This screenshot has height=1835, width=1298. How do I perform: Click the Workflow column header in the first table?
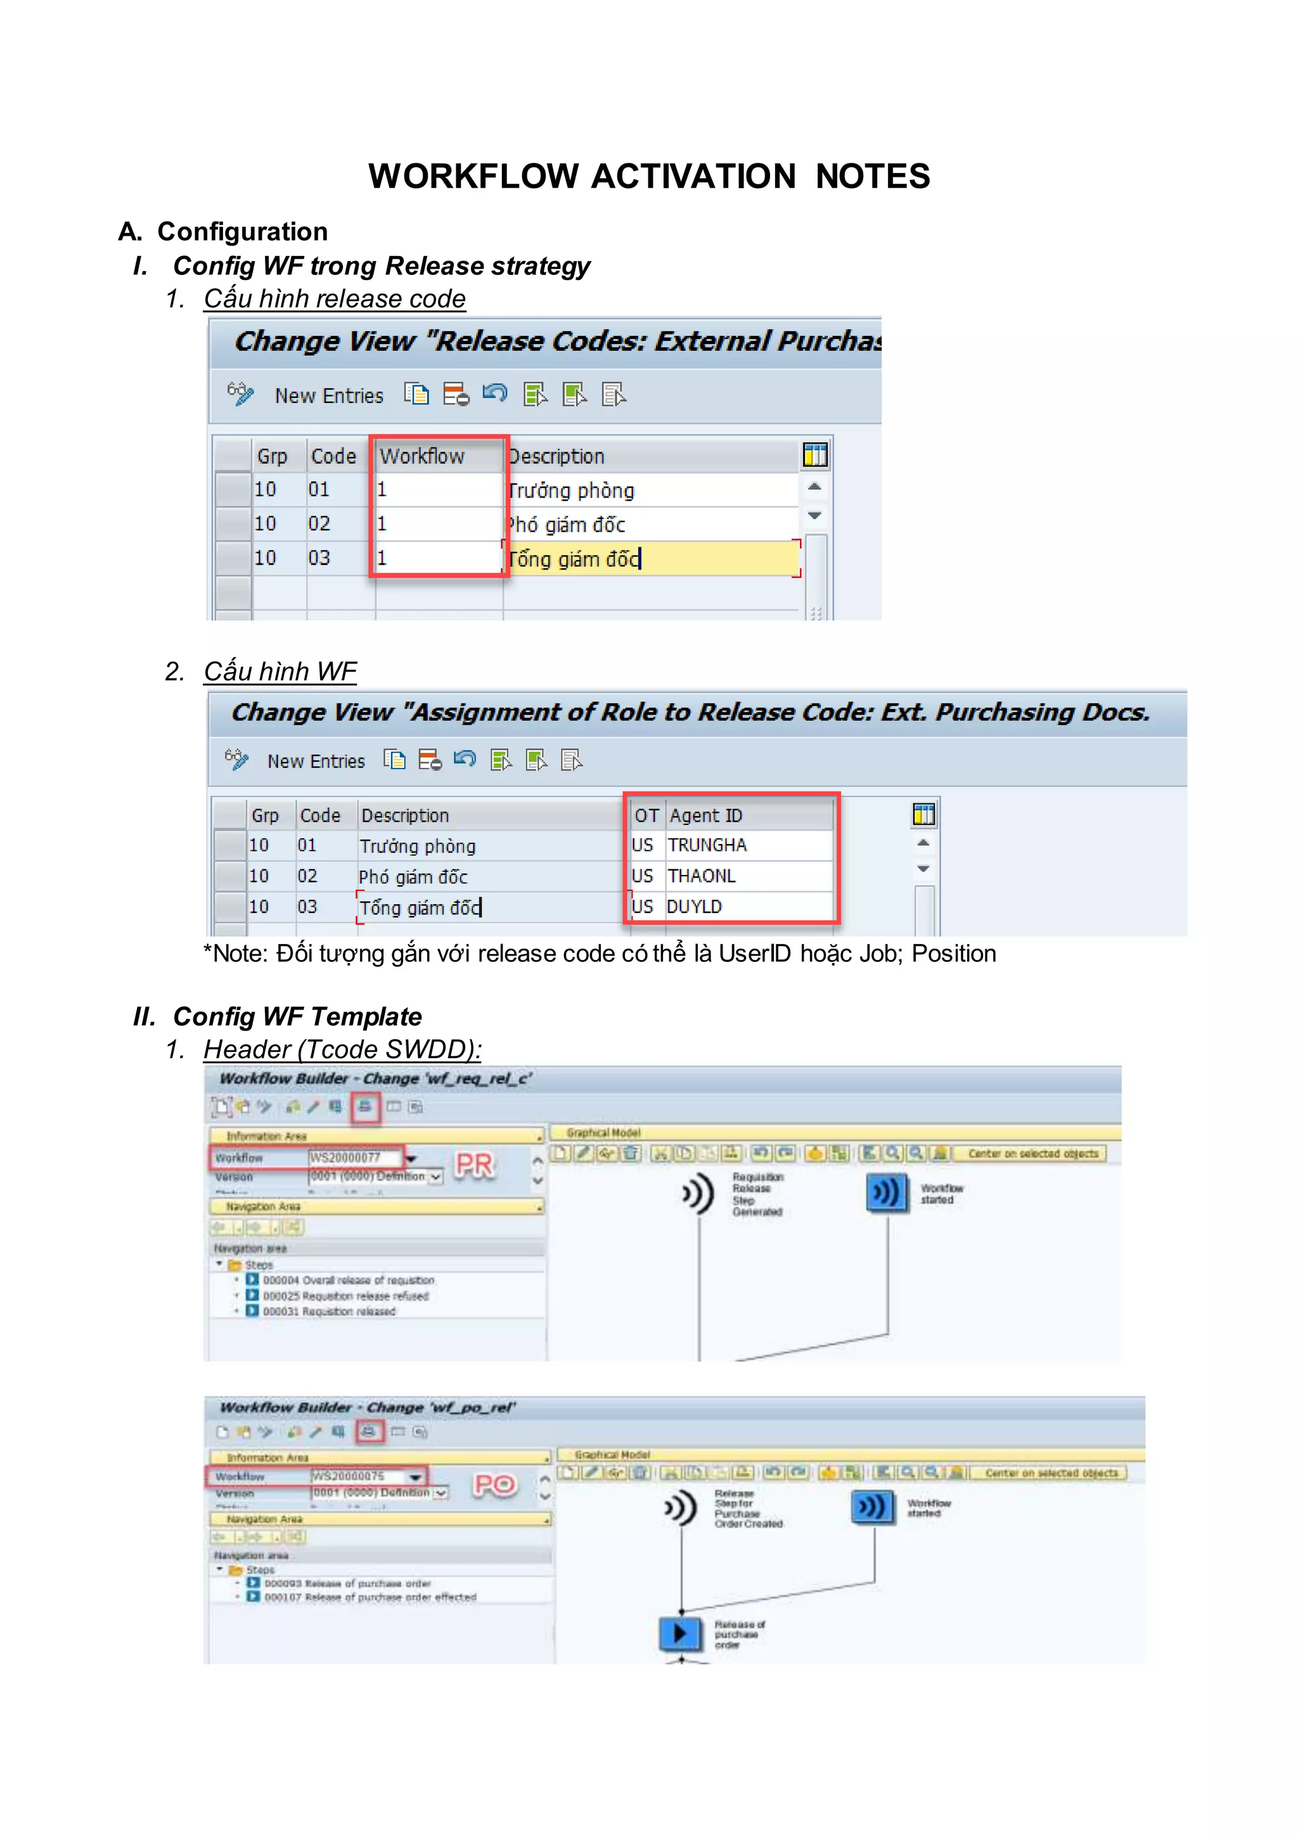coord(422,456)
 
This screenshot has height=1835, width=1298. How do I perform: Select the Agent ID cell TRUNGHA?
coord(707,845)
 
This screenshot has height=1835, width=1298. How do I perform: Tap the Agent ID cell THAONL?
coord(702,876)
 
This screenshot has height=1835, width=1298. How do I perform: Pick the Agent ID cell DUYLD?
coord(695,906)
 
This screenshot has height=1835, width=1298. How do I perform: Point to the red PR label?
coord(474,1165)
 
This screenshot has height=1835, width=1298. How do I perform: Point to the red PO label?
coord(495,1485)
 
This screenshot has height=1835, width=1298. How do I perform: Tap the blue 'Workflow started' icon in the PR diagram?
coord(887,1193)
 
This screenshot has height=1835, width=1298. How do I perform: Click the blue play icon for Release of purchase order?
coord(679,1633)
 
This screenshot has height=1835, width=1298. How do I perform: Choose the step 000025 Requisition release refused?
coord(345,1296)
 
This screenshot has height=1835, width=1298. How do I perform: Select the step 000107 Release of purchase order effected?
coord(370,1597)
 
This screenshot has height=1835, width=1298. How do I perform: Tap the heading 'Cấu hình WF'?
coord(280,672)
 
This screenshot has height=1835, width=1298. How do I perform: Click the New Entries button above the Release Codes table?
coord(328,395)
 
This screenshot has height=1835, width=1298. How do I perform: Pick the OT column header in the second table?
coord(646,815)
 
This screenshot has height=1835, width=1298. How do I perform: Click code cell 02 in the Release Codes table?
coord(319,523)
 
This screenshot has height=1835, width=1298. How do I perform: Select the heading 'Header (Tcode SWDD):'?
coord(342,1049)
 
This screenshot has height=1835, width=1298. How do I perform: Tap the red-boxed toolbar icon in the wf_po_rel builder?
coord(368,1431)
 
